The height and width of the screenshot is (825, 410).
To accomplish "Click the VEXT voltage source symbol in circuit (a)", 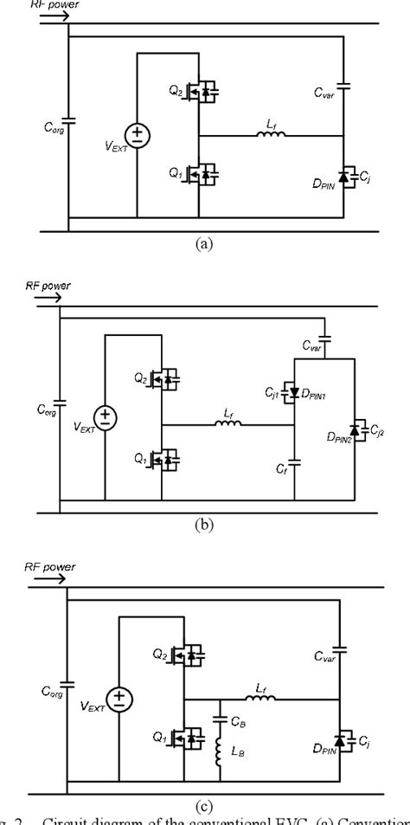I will tap(137, 136).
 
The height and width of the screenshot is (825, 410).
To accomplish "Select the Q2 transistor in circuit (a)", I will tap(204, 93).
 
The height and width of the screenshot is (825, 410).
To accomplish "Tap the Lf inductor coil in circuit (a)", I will tap(271, 135).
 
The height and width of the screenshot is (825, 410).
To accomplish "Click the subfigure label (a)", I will tap(204, 245).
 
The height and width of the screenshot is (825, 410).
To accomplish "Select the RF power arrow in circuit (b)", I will tap(47, 298).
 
